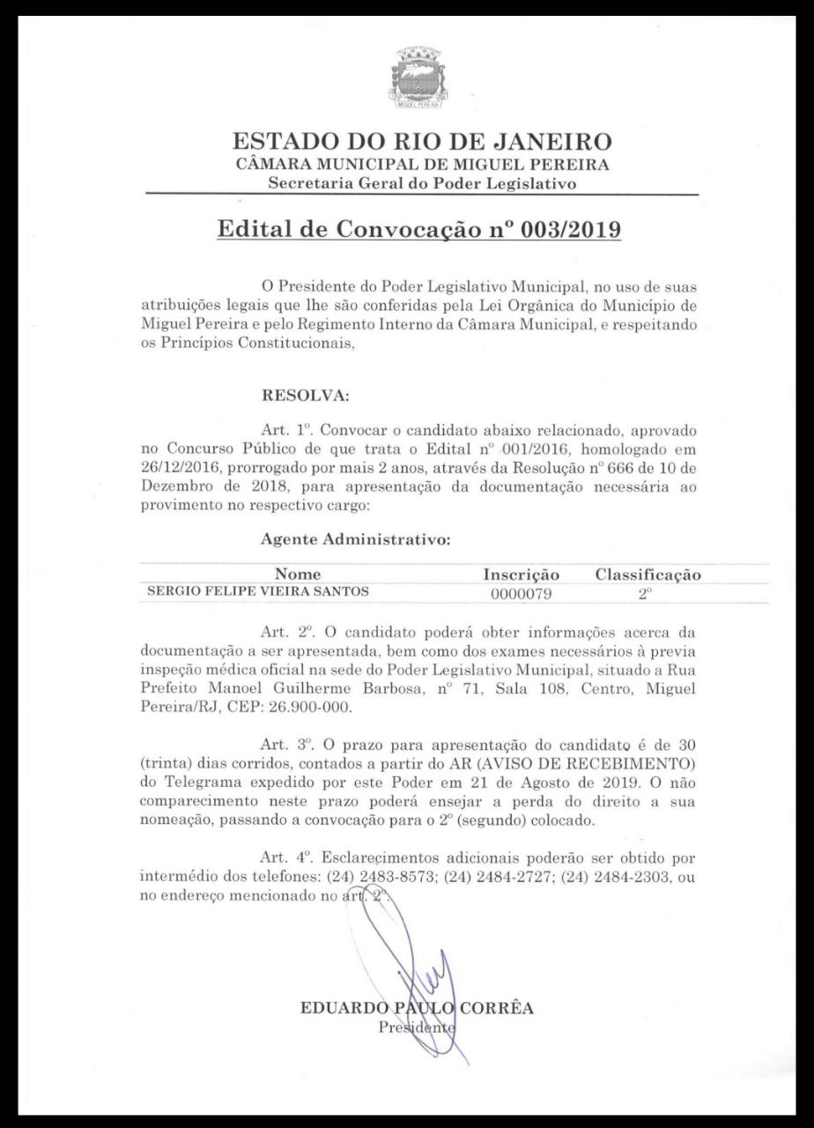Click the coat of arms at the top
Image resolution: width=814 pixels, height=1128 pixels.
coord(419,78)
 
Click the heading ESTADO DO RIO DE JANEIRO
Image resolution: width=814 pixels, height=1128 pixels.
coord(421,141)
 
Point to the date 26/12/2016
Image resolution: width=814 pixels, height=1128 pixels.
coord(181,468)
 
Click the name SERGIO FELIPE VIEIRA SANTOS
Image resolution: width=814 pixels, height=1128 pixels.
coord(257,592)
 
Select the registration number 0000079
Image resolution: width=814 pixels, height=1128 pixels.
coord(522,594)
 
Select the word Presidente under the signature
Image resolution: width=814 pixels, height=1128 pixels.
coord(417,1027)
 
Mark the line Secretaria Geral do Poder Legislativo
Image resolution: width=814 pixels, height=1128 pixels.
coord(422,183)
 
